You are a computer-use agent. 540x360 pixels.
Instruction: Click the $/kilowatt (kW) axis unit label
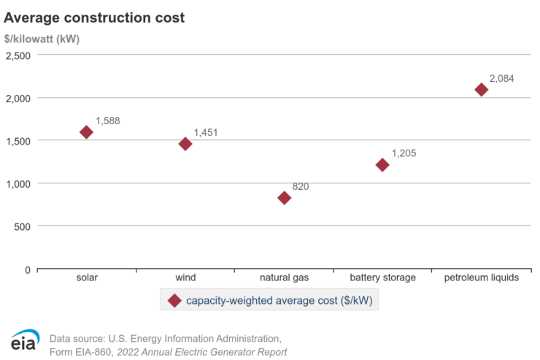tap(42, 39)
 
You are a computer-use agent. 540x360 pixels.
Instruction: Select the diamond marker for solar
tap(86, 132)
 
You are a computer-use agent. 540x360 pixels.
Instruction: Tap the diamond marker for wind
tap(185, 144)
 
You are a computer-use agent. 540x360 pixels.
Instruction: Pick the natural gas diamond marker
tap(284, 198)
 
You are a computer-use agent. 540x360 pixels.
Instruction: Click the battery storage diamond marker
tap(382, 165)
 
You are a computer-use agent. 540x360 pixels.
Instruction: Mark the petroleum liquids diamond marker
tap(481, 90)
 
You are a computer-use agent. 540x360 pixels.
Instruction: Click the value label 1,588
tap(107, 120)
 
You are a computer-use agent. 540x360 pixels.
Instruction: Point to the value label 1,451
tap(206, 132)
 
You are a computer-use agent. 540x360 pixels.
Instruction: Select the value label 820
tap(301, 186)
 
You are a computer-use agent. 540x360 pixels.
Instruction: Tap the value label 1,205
tap(404, 153)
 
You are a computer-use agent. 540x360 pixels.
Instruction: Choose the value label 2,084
tap(502, 78)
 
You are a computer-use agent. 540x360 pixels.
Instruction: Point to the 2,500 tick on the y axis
tap(18, 55)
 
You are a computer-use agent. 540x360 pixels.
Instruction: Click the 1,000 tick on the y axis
tap(18, 183)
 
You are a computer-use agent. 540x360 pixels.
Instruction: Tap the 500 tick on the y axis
tap(23, 226)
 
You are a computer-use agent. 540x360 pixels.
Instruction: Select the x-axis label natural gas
tap(284, 277)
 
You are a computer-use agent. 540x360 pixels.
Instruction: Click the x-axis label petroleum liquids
tap(481, 277)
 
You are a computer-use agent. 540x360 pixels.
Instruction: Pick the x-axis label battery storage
tap(382, 277)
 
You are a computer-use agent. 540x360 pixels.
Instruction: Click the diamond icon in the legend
tap(174, 300)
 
